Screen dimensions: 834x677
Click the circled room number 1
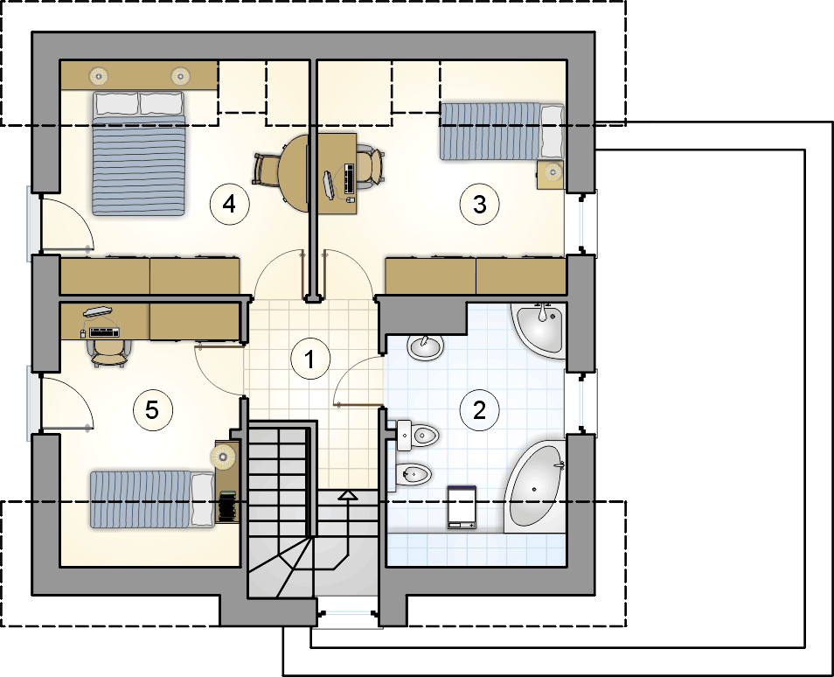point(310,359)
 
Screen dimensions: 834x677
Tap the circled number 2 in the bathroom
point(479,410)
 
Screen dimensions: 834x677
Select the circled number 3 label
point(479,205)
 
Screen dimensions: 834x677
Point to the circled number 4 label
point(229,204)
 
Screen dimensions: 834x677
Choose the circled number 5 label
point(152,410)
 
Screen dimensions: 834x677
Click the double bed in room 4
point(139,153)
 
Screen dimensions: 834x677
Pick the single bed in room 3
point(501,131)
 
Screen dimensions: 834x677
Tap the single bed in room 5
point(153,499)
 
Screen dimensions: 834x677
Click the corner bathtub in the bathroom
point(534,485)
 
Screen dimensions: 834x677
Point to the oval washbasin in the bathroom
point(425,347)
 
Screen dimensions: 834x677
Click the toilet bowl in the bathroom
point(418,436)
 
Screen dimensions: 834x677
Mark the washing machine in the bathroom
point(462,506)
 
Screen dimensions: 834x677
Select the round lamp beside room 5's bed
point(223,456)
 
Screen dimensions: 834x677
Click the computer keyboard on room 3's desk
point(350,178)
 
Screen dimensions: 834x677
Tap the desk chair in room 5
point(110,352)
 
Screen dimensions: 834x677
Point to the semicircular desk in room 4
point(293,173)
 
